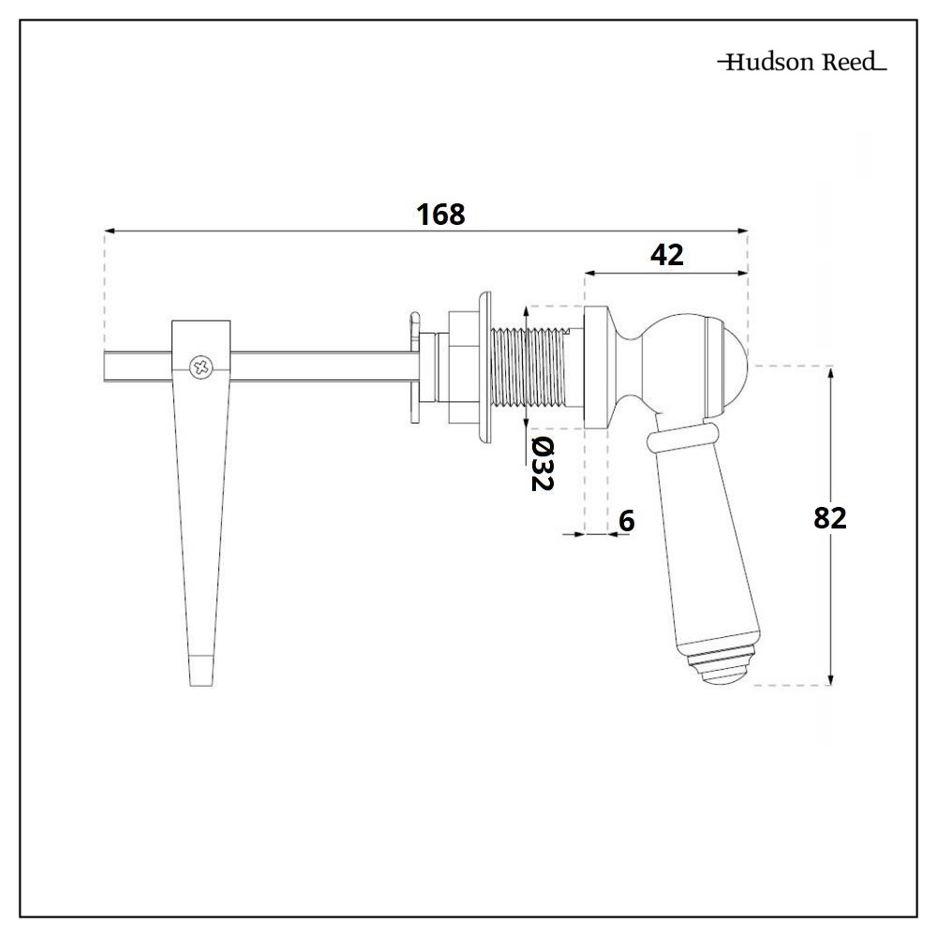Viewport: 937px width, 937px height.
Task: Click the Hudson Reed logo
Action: [x=801, y=64]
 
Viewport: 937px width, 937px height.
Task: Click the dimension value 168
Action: [x=440, y=214]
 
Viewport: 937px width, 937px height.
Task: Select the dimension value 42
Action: [x=666, y=255]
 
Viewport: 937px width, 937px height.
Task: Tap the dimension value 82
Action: [x=829, y=518]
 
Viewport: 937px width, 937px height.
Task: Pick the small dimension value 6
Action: [x=627, y=521]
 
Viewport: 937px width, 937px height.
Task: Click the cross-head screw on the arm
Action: [x=201, y=367]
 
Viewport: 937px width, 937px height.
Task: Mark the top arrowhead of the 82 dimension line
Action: [x=831, y=373]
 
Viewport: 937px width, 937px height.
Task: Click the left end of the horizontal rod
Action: [x=108, y=367]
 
